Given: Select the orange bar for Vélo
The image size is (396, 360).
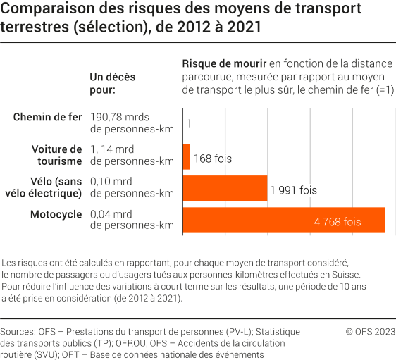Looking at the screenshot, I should click(x=225, y=188).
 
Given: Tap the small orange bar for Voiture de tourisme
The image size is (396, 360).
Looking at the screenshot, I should click(x=186, y=156).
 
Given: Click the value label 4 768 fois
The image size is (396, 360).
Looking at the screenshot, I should click(x=338, y=221).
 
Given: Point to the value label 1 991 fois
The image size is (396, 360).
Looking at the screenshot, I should click(x=294, y=190).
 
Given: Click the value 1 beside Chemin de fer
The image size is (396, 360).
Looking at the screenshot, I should click(x=190, y=124).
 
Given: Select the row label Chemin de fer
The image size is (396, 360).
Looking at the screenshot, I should click(x=48, y=117).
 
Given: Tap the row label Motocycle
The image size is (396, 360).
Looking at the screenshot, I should click(x=56, y=213).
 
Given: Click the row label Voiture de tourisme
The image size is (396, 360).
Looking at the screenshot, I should click(x=57, y=155).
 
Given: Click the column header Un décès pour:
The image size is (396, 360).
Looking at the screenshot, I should click(x=113, y=82).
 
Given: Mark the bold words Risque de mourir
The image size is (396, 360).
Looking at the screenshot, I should click(x=224, y=64).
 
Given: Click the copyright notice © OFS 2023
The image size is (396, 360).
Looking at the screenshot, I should click(x=369, y=330).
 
